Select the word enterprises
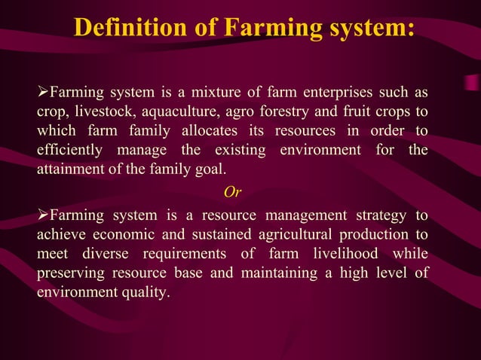tap(336, 94)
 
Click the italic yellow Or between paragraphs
tap(233, 189)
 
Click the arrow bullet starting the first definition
tap(42, 94)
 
